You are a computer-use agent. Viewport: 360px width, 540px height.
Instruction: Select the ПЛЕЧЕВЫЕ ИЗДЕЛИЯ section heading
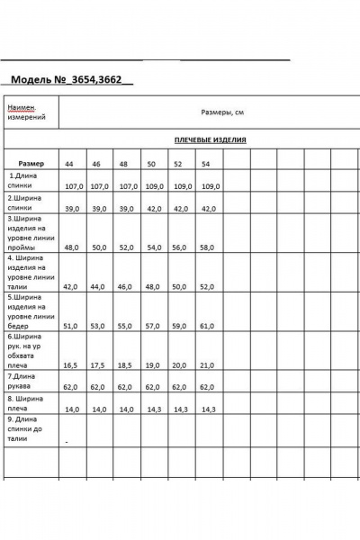pos(210,140)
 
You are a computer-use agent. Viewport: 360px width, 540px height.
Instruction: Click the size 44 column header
pos(69,164)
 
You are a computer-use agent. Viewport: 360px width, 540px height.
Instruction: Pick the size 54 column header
pos(206,164)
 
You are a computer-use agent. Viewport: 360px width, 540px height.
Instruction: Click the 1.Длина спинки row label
pos(27,181)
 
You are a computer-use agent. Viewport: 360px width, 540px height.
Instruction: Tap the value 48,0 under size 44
pos(71,247)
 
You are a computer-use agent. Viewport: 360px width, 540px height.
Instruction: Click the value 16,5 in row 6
pos(71,366)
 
